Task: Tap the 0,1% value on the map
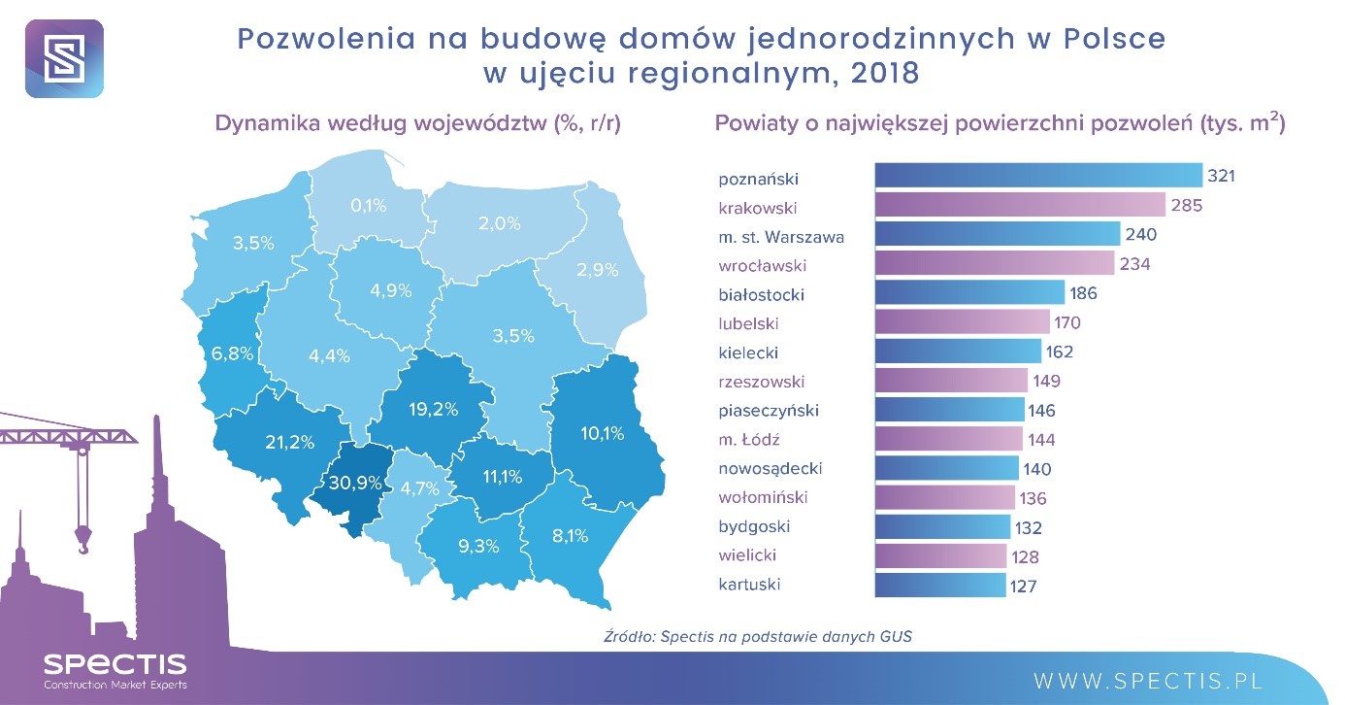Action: coord(368,206)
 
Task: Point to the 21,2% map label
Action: coord(289,443)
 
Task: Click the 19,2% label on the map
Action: coord(433,410)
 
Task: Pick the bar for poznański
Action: coord(1038,176)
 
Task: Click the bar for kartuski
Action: coord(940,585)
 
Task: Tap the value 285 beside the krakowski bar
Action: coord(1186,206)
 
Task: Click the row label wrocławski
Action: coord(763,264)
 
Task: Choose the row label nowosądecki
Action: coord(771,468)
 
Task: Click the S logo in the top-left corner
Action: coord(63,58)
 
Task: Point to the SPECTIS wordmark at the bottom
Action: coord(115,664)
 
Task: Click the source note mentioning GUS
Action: coord(758,637)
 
